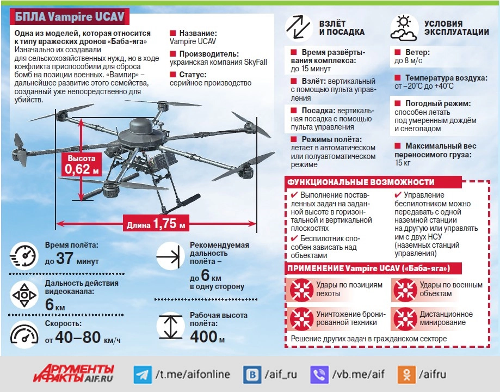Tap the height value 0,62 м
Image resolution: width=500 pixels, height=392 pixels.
click(82, 169)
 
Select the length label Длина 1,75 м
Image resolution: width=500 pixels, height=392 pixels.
click(156, 223)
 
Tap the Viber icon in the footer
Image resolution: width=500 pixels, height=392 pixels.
click(319, 375)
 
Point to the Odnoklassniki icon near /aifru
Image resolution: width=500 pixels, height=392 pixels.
click(406, 375)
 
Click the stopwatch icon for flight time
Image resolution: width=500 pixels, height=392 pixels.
click(24, 255)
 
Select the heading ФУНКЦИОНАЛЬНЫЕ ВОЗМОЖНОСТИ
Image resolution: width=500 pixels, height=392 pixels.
click(361, 182)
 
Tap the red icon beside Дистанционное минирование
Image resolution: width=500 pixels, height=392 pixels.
click(404, 318)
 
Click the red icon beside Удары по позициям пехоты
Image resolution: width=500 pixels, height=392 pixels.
click(300, 289)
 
